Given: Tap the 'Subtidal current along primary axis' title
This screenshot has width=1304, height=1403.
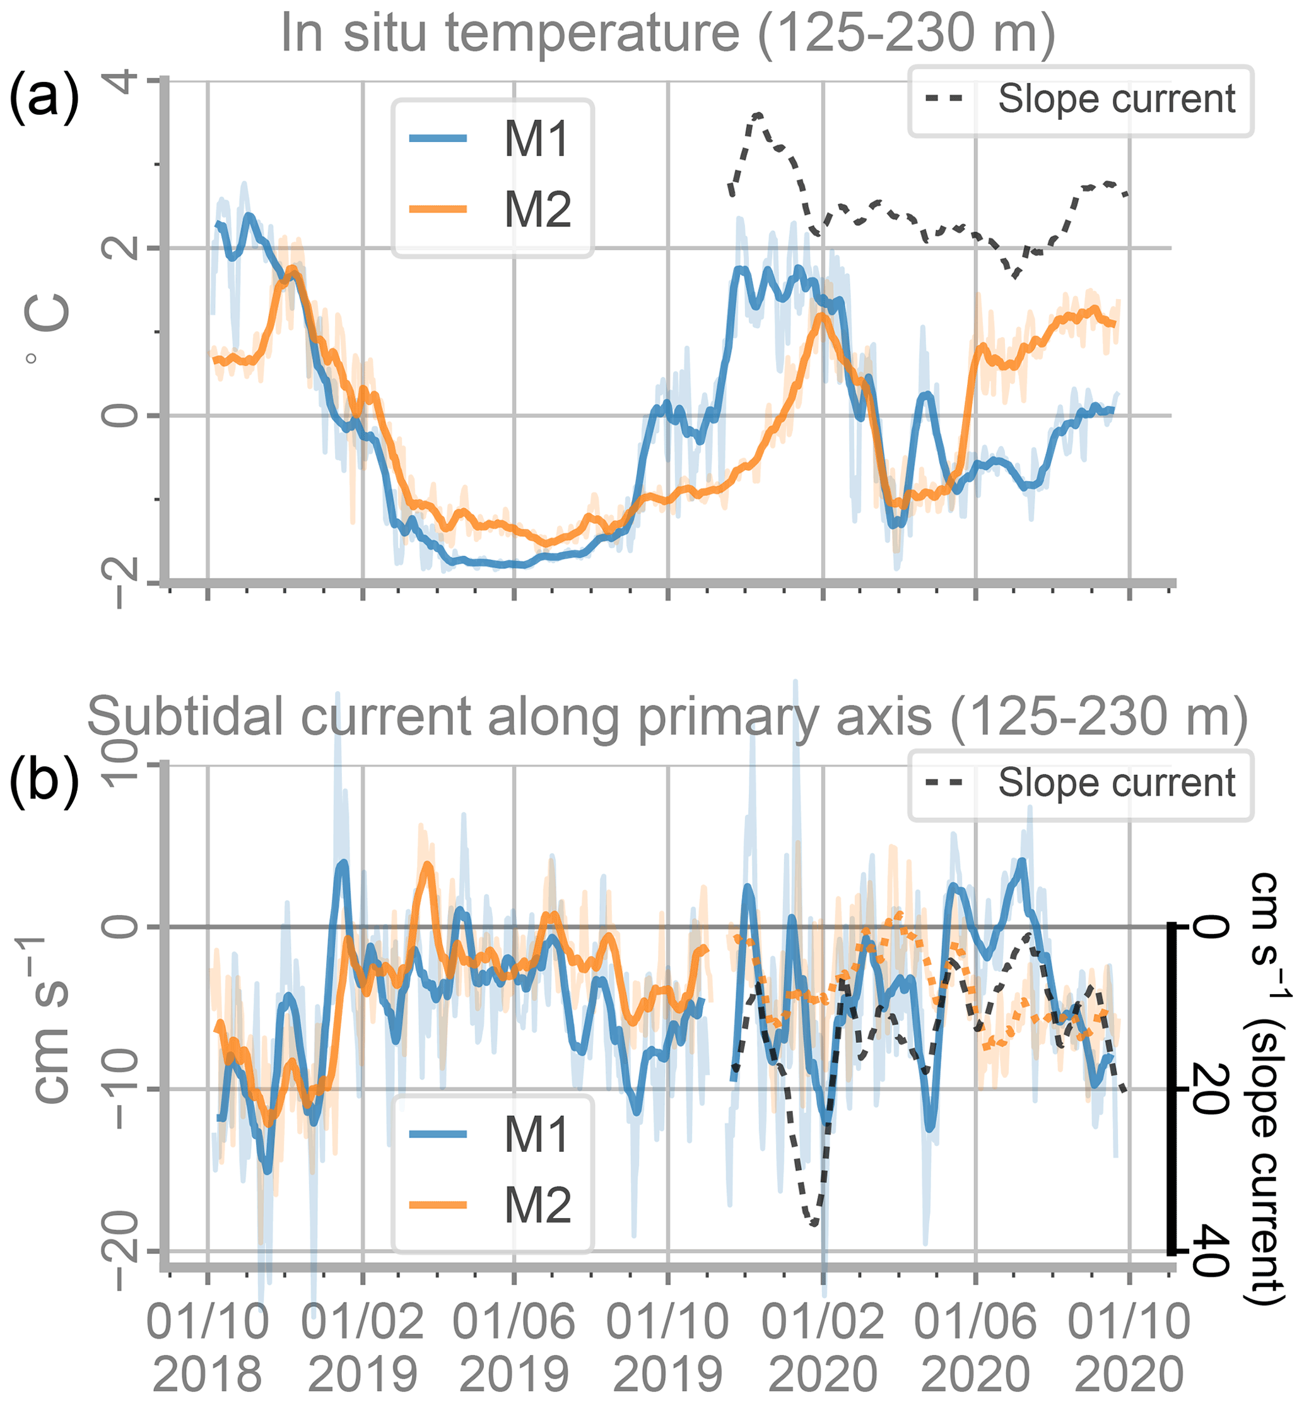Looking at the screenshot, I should pos(667,717).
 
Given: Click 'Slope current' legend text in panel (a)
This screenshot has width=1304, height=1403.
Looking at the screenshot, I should pos(1116,99).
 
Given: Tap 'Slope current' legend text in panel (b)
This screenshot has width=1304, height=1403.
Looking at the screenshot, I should pos(1116,783).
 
